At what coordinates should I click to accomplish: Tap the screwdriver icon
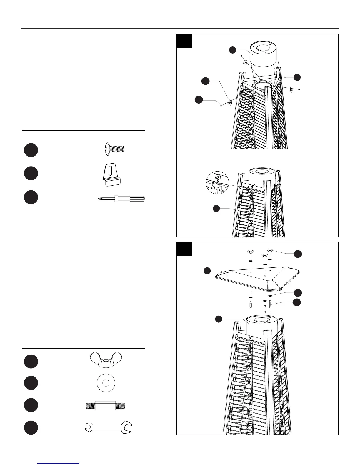coord(121,199)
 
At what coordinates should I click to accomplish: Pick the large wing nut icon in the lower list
coord(105,359)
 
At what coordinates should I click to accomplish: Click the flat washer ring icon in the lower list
coord(106,383)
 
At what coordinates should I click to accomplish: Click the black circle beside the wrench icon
coord(31,427)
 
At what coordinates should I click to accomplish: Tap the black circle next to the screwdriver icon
coord(31,197)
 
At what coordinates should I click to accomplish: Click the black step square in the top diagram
coord(184,41)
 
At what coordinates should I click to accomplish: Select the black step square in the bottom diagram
coord(184,249)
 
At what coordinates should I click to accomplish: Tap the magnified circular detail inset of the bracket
coord(217,183)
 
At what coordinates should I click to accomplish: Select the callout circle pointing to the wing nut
coord(298,254)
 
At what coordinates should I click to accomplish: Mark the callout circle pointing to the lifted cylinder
coord(233,50)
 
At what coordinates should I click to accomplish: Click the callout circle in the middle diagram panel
coord(216,209)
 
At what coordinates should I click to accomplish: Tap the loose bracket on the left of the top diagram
coord(230,102)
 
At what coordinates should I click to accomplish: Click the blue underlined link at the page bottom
coord(59,463)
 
